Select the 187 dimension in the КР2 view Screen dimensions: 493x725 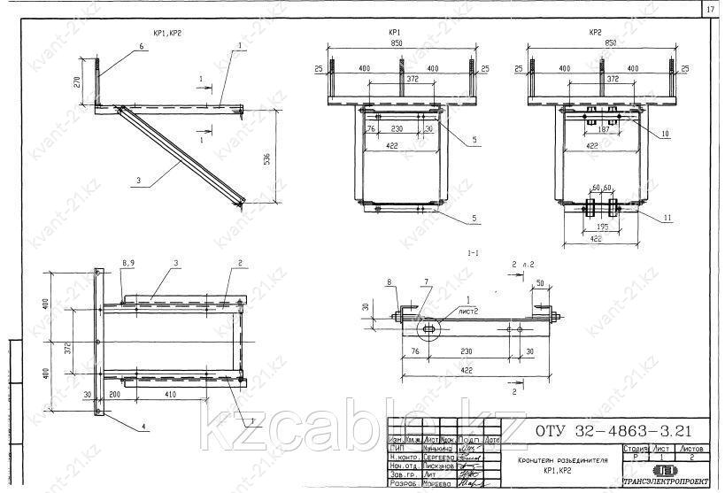[x=603, y=128]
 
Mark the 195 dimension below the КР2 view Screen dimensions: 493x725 [x=603, y=227]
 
